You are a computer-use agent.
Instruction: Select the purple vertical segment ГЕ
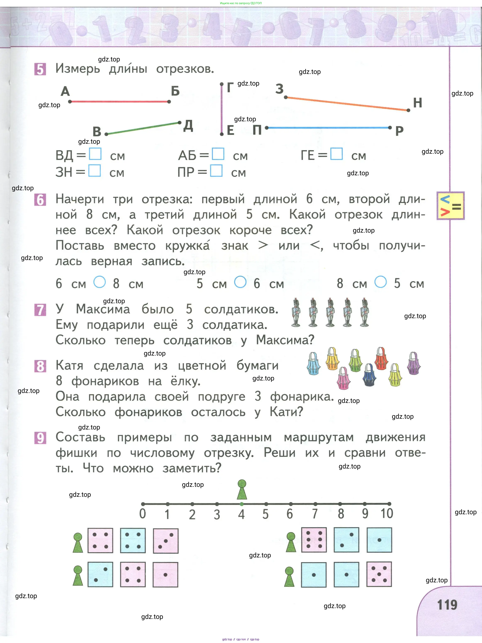pyautogui.click(x=222, y=109)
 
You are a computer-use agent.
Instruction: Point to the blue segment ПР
pyautogui.click(x=328, y=128)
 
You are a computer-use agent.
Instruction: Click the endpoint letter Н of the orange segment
pyautogui.click(x=417, y=103)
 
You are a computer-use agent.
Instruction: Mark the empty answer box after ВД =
pyautogui.click(x=95, y=154)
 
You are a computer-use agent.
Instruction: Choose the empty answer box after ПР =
pyautogui.click(x=216, y=171)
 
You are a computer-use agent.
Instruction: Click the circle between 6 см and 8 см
pyautogui.click(x=99, y=282)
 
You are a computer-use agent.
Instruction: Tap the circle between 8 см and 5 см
pyautogui.click(x=380, y=282)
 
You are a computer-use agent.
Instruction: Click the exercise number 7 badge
pyautogui.click(x=40, y=310)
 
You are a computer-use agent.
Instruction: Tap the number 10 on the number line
pyautogui.click(x=387, y=514)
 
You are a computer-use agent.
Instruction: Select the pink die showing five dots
pyautogui.click(x=379, y=574)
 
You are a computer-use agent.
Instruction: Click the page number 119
pyautogui.click(x=447, y=605)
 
